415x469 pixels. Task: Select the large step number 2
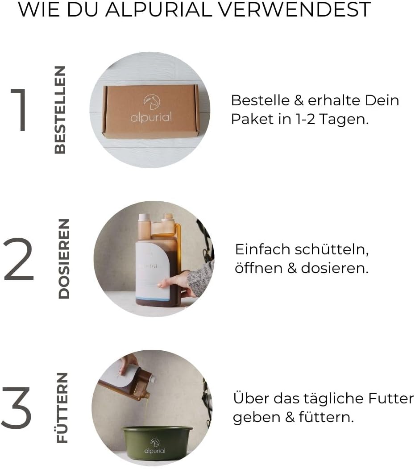click(19, 259)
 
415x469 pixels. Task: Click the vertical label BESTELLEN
click(60, 110)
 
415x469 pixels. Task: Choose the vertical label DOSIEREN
click(64, 258)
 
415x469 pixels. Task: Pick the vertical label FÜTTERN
click(63, 407)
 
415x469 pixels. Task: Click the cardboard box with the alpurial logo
click(151, 110)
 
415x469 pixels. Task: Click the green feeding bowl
click(157, 442)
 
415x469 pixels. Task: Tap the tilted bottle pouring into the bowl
click(129, 382)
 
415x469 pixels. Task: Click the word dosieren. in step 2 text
click(335, 269)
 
